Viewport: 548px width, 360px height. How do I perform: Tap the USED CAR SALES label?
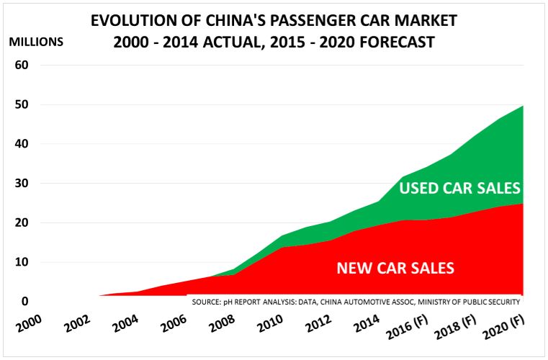460,189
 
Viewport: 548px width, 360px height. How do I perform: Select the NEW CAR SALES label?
395,269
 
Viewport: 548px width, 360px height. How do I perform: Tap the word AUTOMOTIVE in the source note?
378,302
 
